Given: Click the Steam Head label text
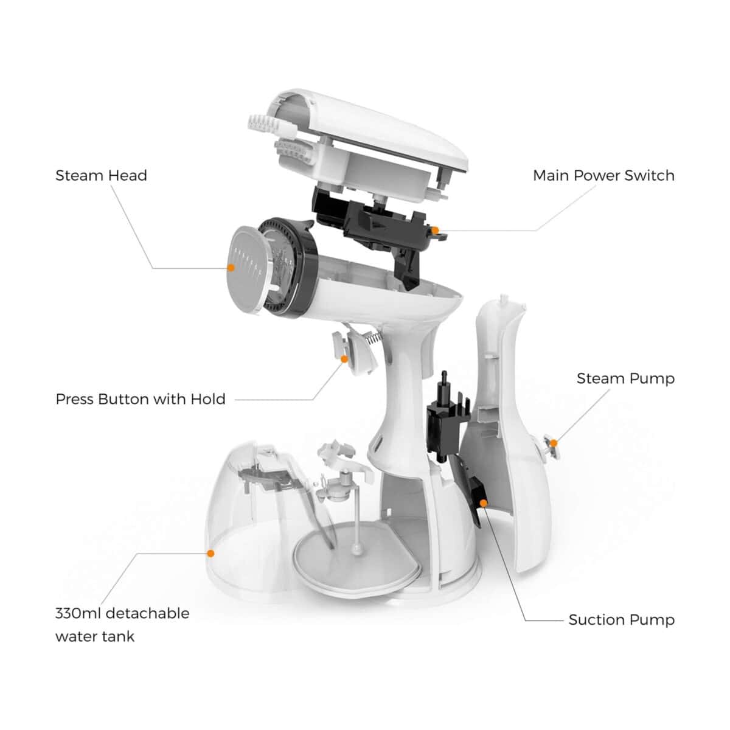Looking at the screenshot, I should [x=101, y=176].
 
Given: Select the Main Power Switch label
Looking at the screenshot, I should [x=603, y=176].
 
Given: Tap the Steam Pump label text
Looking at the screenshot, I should [x=625, y=378].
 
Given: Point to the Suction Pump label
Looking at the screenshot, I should [x=621, y=620].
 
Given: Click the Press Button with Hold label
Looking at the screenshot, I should [x=141, y=399].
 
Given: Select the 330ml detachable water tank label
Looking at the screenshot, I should [x=122, y=625].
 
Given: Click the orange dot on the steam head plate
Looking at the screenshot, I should [x=231, y=267].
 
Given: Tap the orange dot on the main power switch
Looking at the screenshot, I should [x=435, y=230].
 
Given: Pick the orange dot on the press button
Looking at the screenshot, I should [x=344, y=359].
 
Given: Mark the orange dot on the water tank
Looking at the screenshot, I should [x=210, y=554].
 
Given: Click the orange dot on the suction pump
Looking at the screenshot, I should [x=484, y=502].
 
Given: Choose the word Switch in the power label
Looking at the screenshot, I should [x=652, y=176].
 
